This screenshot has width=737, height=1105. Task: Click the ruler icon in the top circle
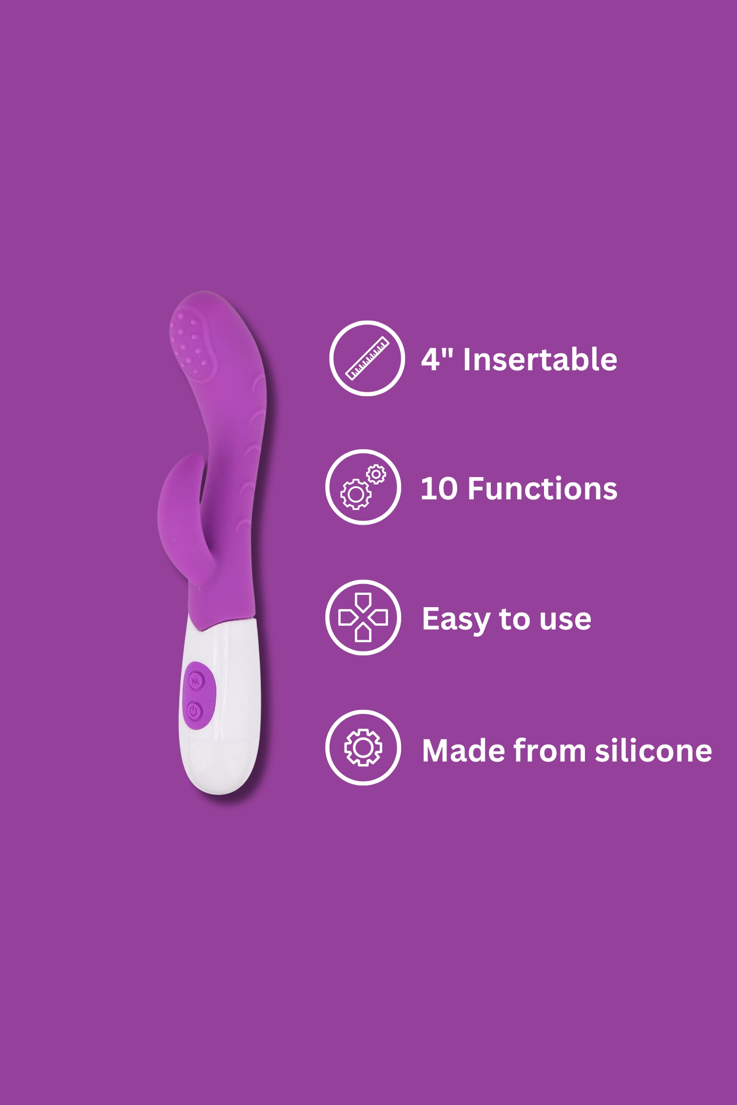tap(367, 359)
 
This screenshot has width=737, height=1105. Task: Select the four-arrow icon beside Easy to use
tap(363, 617)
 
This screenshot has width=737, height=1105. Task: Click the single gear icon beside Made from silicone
tap(363, 747)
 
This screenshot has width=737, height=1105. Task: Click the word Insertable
tap(540, 360)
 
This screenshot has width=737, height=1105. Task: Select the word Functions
tap(543, 489)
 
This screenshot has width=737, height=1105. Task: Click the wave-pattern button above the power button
tap(196, 681)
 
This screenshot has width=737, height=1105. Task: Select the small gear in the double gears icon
tap(376, 474)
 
